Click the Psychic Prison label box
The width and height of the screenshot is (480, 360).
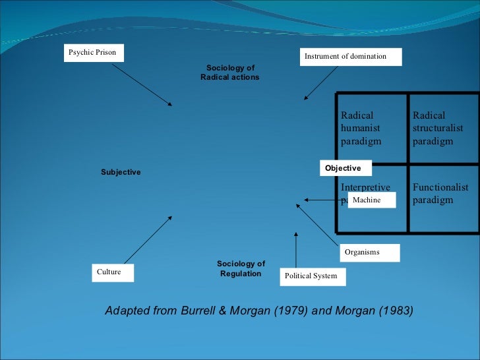tap(94, 53)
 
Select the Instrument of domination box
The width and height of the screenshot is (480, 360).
tap(351, 57)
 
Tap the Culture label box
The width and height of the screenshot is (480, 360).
tap(111, 272)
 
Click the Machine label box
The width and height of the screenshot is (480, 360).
tap(371, 200)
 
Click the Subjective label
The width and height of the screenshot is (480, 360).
tap(121, 172)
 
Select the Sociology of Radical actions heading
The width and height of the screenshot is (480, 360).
tap(230, 73)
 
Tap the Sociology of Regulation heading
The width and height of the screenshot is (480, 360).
tap(241, 268)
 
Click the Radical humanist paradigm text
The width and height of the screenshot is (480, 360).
tap(361, 129)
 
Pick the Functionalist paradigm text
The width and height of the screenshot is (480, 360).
tap(440, 194)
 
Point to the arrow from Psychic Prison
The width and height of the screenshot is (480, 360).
tap(146, 83)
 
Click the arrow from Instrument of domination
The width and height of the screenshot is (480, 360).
tap(320, 83)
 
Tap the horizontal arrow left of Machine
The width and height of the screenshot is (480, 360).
tap(323, 200)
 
